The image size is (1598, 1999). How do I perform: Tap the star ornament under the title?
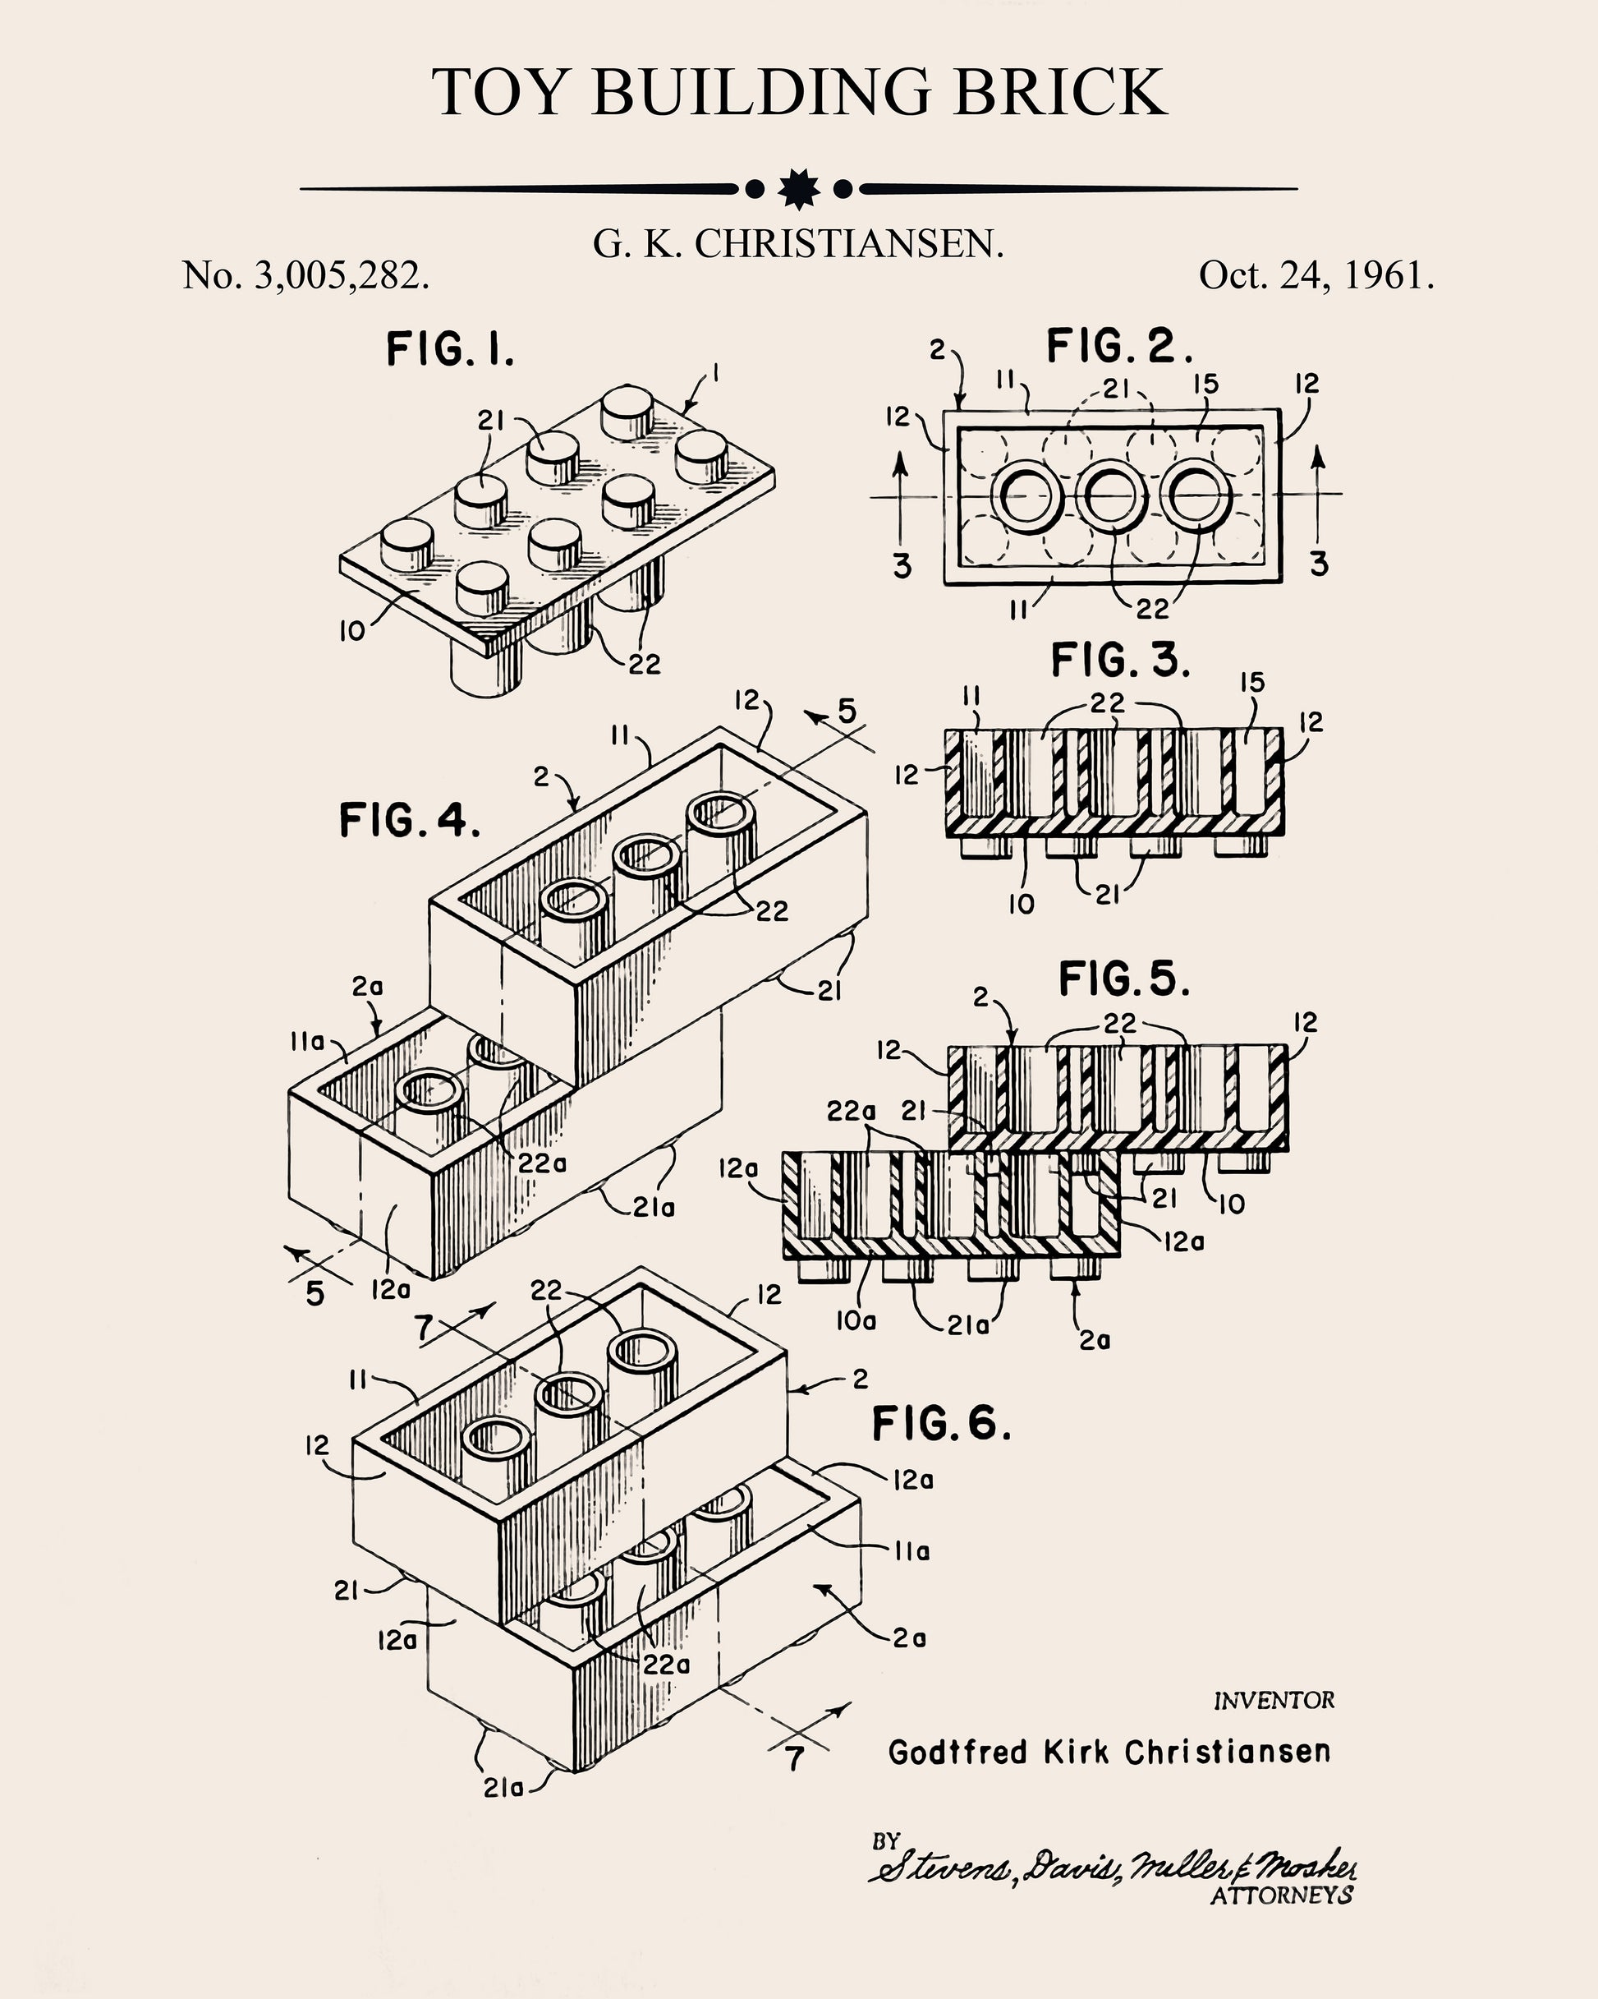click(x=799, y=189)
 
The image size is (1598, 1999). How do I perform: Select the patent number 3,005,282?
click(x=339, y=275)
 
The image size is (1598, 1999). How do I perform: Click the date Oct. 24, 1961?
click(x=1316, y=275)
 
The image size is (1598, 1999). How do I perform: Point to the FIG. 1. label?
click(x=449, y=351)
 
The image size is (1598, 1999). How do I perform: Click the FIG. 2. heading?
click(x=1118, y=347)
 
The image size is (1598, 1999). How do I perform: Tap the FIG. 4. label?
click(x=409, y=821)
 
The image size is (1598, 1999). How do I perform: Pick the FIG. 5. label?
click(x=1123, y=980)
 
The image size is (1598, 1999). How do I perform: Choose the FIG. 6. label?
click(x=941, y=1423)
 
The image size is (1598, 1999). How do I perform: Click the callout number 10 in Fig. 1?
click(x=352, y=633)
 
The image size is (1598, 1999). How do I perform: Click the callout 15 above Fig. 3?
click(x=1251, y=684)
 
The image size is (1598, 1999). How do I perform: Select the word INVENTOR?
click(x=1274, y=1702)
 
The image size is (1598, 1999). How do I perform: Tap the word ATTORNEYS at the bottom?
click(x=1281, y=1895)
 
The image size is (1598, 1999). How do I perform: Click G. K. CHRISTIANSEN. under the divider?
click(x=798, y=244)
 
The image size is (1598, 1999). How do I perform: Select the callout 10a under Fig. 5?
click(x=856, y=1320)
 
